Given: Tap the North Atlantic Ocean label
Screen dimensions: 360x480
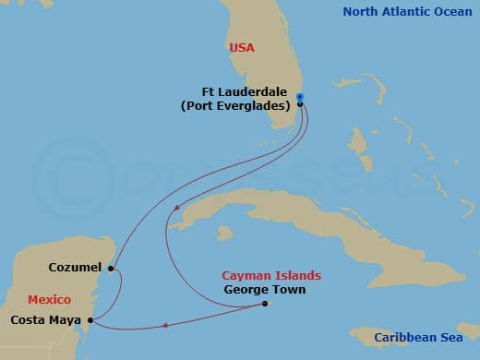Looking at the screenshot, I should pyautogui.click(x=406, y=12).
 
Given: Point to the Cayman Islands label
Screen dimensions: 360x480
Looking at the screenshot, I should pyautogui.click(x=271, y=275).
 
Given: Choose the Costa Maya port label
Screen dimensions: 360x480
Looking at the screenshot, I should pyautogui.click(x=44, y=320).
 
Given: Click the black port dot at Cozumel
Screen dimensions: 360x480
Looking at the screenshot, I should pyautogui.click(x=111, y=270).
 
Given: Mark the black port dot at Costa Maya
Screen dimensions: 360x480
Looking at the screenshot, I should pyautogui.click(x=89, y=320).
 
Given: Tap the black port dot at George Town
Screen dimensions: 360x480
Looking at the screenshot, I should pyautogui.click(x=264, y=304).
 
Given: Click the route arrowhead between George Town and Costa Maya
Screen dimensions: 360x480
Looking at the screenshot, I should pyautogui.click(x=165, y=324).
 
